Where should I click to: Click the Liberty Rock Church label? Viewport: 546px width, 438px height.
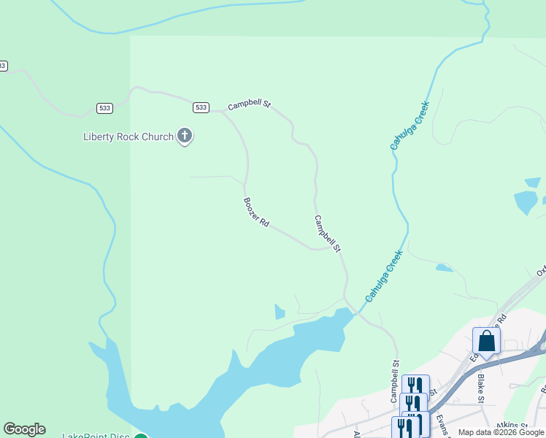click(128, 137)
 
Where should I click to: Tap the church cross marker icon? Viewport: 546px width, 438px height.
click(185, 135)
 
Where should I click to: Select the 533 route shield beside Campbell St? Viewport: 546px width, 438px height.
click(201, 107)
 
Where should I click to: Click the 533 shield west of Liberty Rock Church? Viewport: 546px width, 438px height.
click(104, 108)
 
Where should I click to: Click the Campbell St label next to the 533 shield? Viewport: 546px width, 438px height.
click(249, 105)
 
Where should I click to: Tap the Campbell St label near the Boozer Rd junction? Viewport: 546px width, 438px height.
click(328, 234)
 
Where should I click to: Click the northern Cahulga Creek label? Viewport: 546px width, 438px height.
click(409, 126)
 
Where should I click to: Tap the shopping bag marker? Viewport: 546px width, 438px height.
click(486, 341)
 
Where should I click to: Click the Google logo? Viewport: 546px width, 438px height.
click(24, 429)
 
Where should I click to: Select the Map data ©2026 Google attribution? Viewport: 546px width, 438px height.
click(501, 432)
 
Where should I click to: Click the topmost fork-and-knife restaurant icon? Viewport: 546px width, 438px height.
click(415, 385)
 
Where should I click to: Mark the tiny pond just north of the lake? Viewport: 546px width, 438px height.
click(280, 312)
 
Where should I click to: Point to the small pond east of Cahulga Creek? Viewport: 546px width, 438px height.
click(444, 268)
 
